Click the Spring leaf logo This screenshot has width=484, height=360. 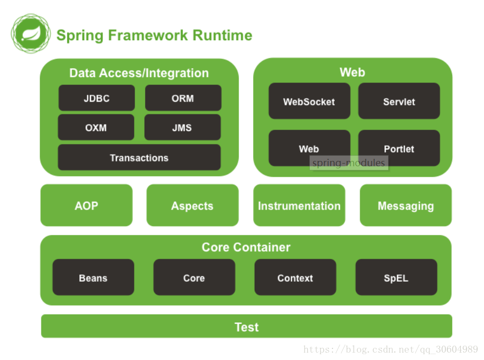(31, 33)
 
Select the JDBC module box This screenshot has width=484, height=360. (96, 98)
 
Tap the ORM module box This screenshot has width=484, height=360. (183, 98)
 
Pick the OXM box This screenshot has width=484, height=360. (96, 127)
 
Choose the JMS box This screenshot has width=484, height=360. (182, 127)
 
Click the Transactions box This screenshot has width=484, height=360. (139, 157)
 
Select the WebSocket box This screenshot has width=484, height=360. (309, 101)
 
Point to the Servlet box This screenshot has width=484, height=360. (399, 101)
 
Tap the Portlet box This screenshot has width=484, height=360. (399, 148)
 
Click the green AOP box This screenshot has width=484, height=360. (86, 205)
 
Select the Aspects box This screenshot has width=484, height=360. (193, 205)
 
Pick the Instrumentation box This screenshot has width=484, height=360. (299, 205)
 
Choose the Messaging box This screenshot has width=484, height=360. (406, 205)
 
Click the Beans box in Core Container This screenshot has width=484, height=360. (93, 277)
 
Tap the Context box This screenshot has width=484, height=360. (295, 277)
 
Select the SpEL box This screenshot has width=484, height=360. (396, 277)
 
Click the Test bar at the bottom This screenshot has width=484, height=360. (247, 326)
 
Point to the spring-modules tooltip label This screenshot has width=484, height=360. (349, 163)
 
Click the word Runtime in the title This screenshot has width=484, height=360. (222, 35)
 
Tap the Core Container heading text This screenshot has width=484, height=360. (246, 247)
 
